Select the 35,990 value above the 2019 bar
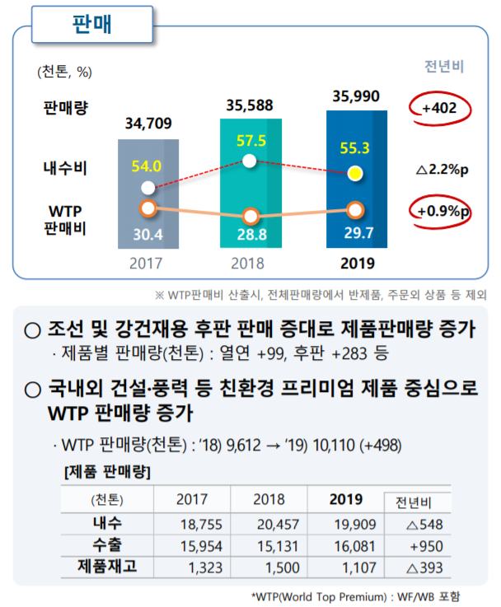[356, 96]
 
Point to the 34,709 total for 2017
[149, 124]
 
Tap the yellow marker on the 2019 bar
[355, 173]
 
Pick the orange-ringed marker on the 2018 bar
[252, 217]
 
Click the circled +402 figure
[441, 108]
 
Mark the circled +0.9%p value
[442, 210]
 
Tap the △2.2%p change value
[442, 170]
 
